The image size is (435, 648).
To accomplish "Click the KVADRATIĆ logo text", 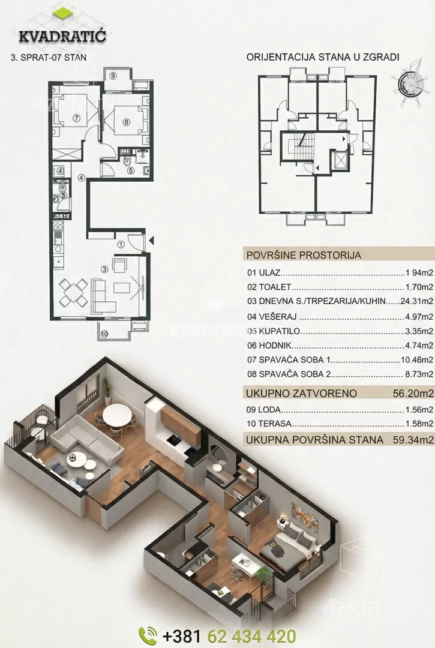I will pyautogui.click(x=62, y=36).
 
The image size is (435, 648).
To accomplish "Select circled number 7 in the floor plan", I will pyautogui.click(x=76, y=118).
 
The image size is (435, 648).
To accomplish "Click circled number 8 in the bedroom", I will pyautogui.click(x=126, y=122).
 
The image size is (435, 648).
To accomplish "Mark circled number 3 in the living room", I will pyautogui.click(x=104, y=269).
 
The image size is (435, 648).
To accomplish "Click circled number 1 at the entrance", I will pyautogui.click(x=121, y=244).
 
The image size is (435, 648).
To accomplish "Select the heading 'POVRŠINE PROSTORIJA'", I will pyautogui.click(x=304, y=255).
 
